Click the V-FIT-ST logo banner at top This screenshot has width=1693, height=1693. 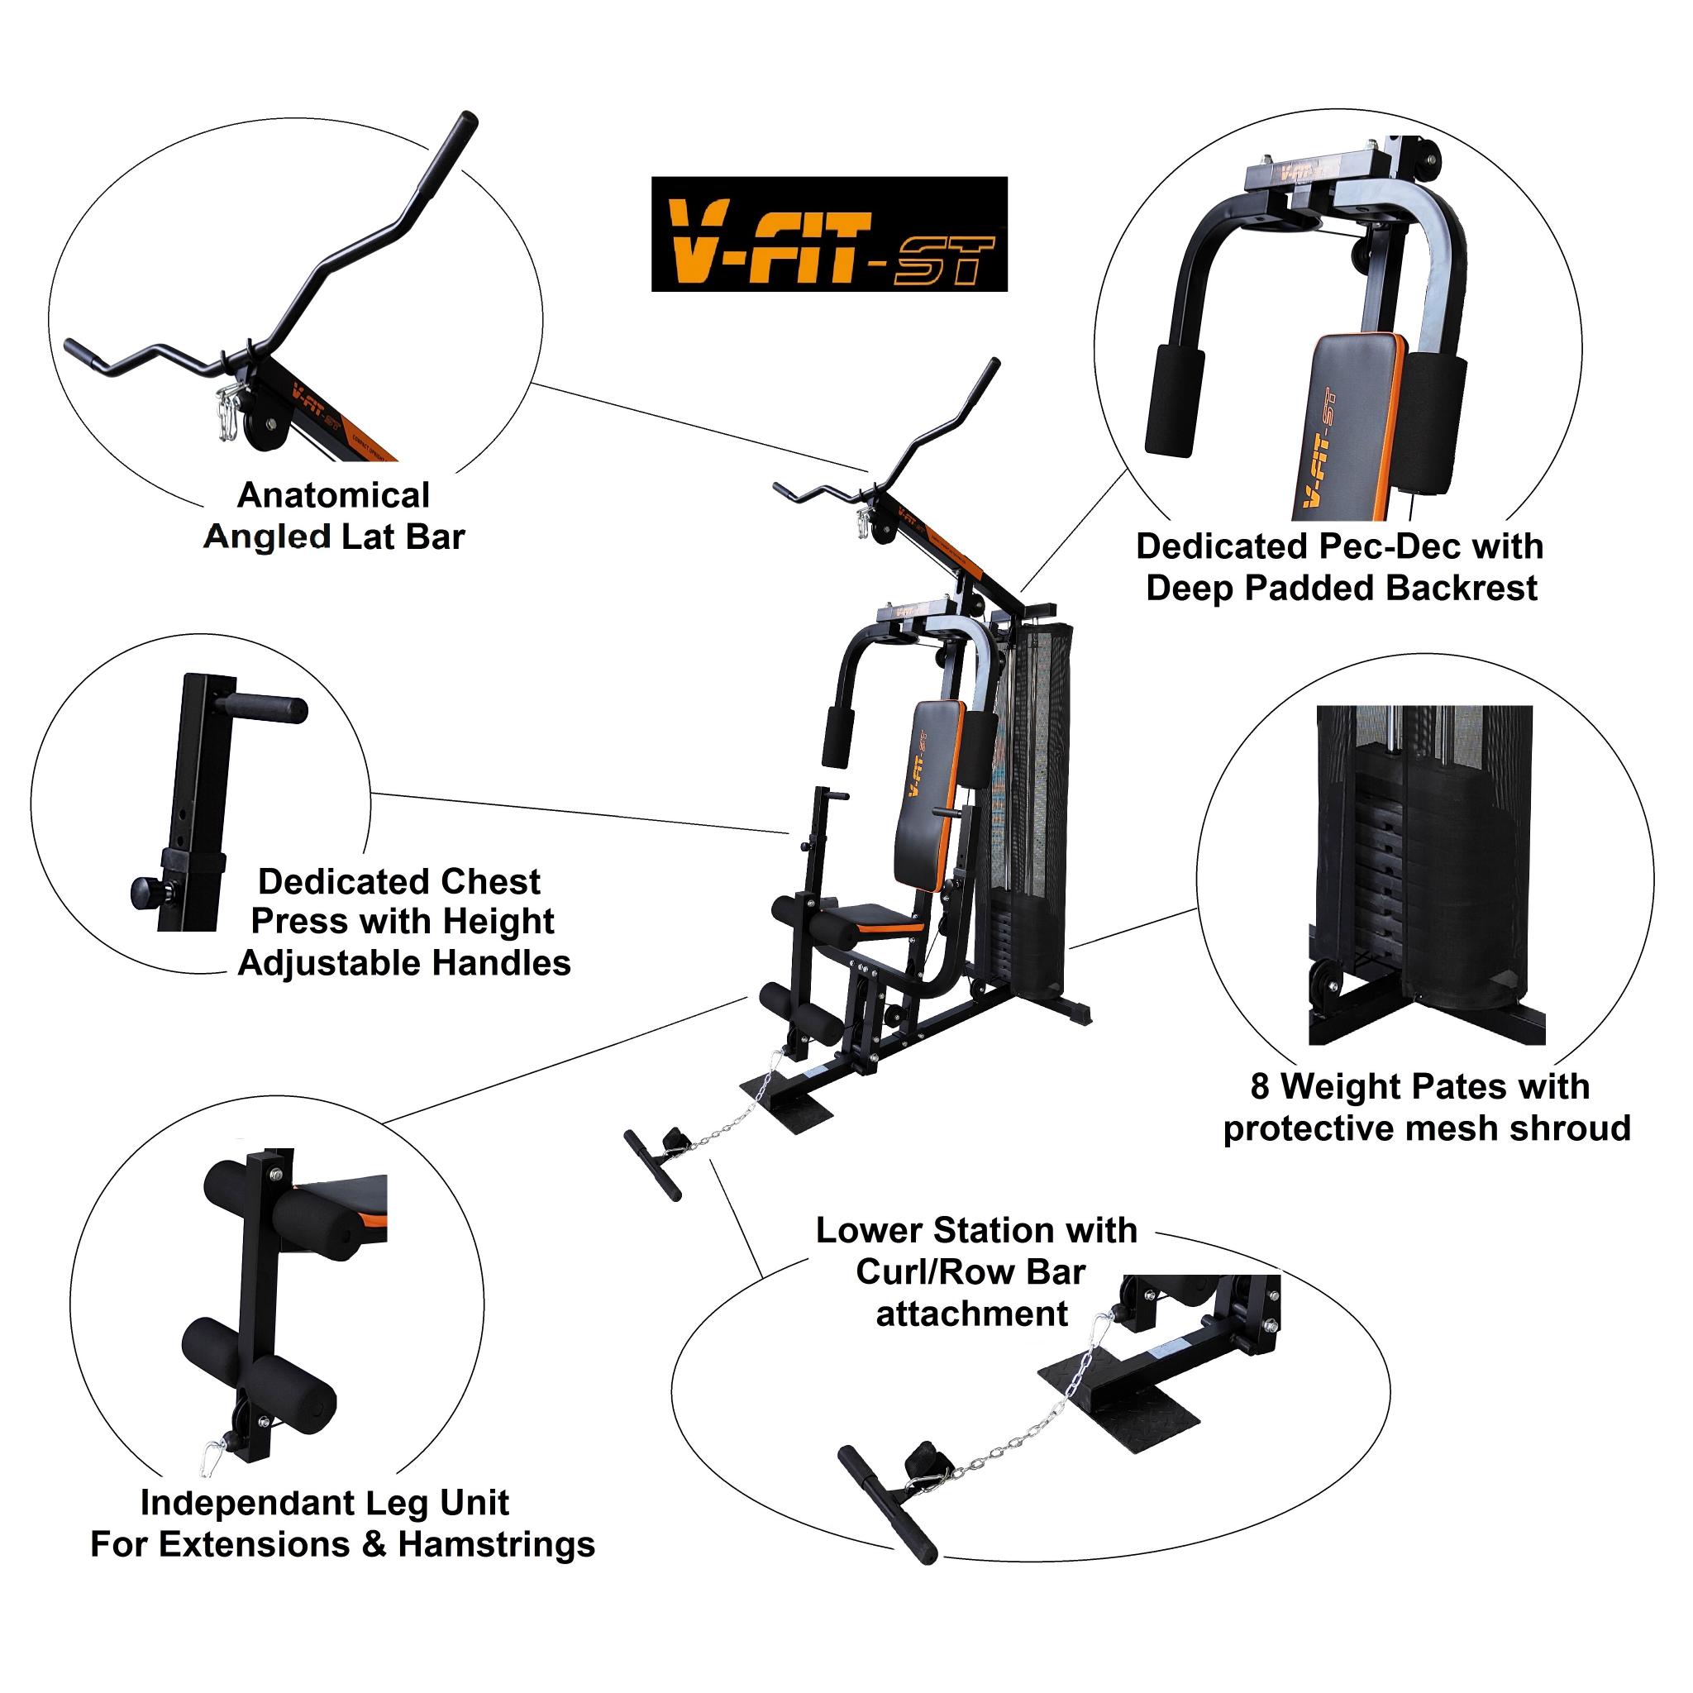828,234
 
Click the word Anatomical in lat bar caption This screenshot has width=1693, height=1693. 333,496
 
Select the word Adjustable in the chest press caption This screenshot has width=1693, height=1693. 329,963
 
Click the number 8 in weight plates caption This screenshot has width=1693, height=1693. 1259,1086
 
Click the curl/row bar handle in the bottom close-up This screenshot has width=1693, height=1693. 887,1504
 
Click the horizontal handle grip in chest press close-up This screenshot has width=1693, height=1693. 263,706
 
